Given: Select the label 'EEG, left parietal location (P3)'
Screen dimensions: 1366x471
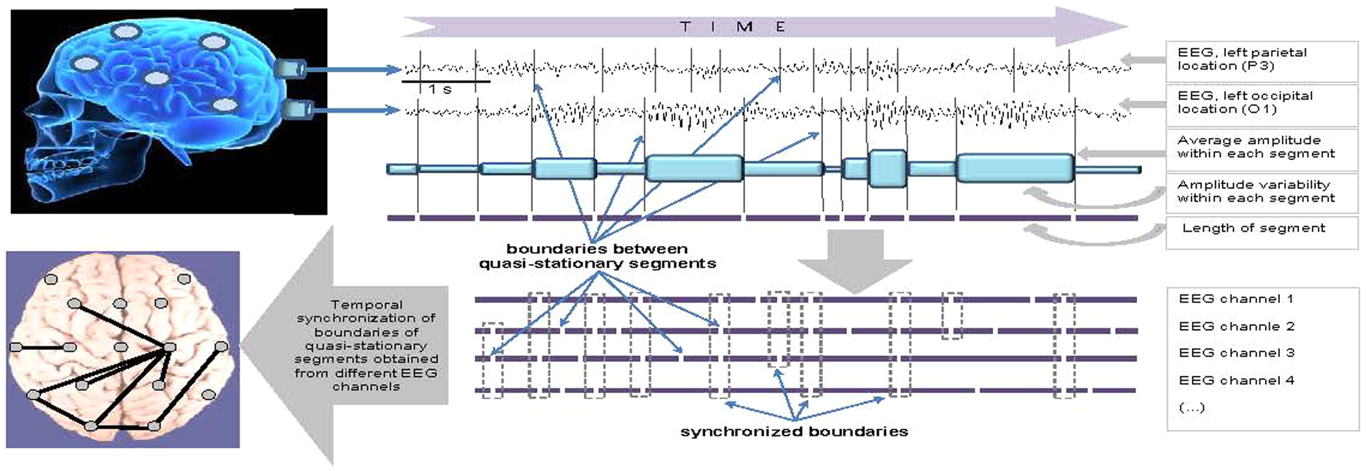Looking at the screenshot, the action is point(1242,59).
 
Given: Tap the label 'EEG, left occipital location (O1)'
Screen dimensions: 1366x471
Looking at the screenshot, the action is point(1244,102).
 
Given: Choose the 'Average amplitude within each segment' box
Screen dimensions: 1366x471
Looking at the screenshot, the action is point(1255,146).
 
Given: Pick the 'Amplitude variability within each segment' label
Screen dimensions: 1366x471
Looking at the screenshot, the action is point(1255,191).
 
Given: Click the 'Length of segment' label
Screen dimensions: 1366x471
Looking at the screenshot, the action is point(1253,228).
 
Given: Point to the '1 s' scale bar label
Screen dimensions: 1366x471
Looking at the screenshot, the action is point(440,89).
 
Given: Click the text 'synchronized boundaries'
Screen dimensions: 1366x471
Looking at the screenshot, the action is point(794,431).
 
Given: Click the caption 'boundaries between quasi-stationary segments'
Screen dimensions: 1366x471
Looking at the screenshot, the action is point(597,256).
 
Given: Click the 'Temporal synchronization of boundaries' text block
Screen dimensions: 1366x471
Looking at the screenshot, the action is point(366,345).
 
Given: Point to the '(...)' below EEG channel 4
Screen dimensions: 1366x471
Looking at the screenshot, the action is point(1191,407).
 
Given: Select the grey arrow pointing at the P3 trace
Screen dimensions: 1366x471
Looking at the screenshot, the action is point(1143,60).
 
